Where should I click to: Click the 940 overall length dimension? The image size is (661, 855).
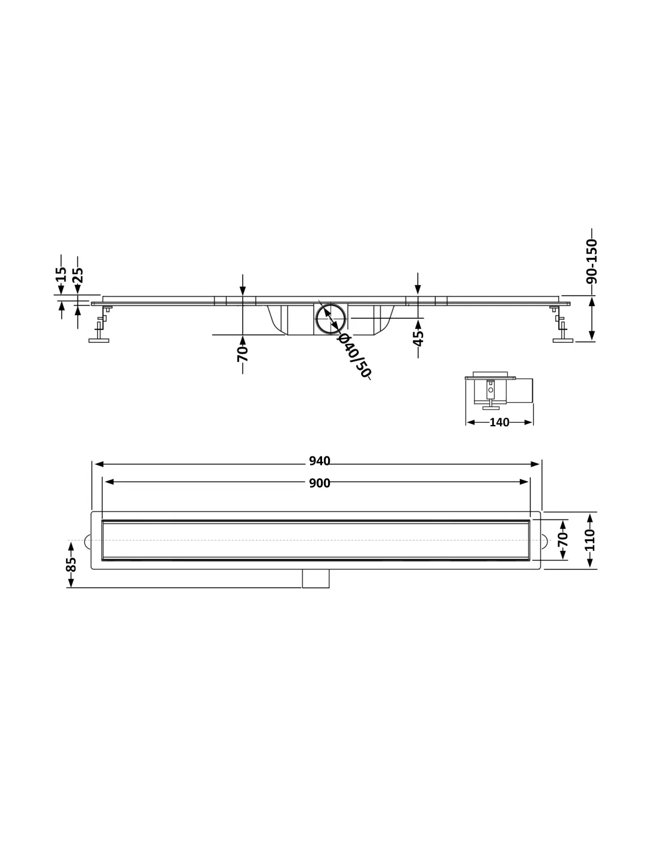(319, 461)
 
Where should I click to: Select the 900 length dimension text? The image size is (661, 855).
(319, 483)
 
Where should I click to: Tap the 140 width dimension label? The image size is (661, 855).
(499, 422)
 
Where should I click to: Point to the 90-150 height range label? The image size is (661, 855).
(591, 262)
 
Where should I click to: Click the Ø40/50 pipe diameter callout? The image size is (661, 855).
(355, 355)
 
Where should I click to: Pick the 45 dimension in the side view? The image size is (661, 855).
(418, 339)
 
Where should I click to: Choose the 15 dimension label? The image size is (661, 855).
(61, 274)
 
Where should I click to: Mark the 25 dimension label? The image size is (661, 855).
(78, 275)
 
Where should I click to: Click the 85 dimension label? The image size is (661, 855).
(71, 564)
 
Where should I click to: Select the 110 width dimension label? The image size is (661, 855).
(589, 540)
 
